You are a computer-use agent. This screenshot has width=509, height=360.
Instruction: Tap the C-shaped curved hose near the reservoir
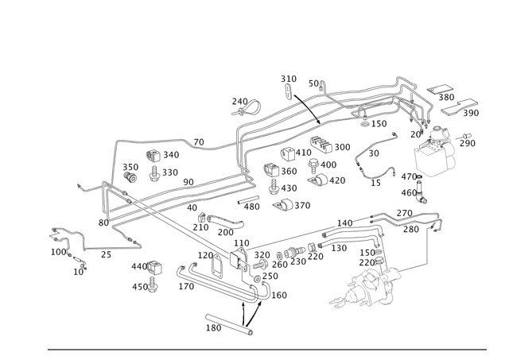tap(374, 159)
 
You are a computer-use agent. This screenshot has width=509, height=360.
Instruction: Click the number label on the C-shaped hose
tap(375, 182)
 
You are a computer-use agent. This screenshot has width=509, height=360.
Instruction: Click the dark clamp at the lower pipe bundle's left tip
tap(105, 203)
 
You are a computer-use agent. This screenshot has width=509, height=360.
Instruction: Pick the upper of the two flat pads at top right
tap(442, 90)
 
